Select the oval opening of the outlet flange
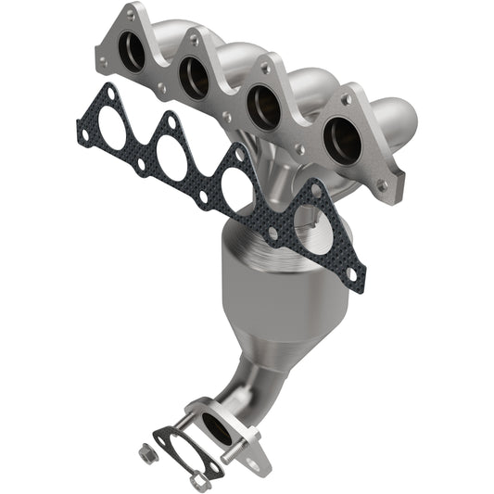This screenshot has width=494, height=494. (x=219, y=425)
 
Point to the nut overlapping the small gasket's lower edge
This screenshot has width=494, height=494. (x=196, y=481)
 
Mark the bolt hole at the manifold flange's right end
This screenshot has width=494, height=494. (x=381, y=185)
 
